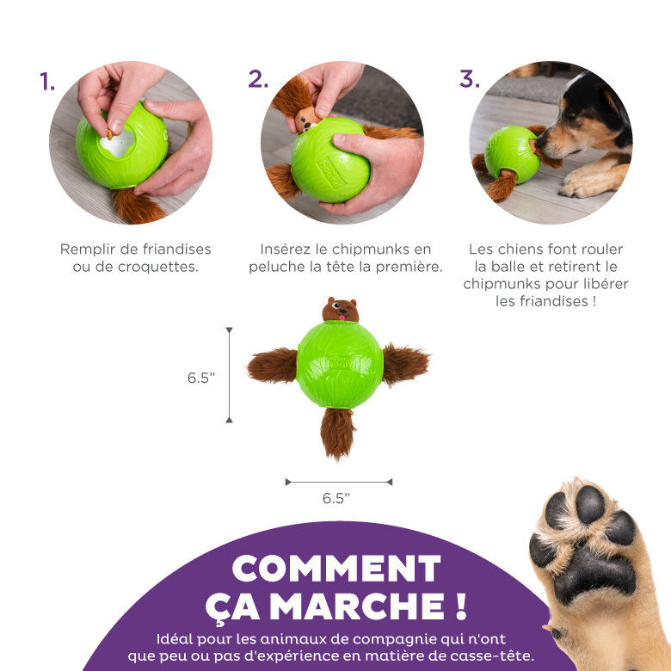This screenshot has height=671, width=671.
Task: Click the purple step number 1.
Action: (47, 82)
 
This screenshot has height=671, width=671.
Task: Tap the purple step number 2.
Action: (258, 79)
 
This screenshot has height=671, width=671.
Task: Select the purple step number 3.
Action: (469, 79)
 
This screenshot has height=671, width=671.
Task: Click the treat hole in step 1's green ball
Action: (117, 142)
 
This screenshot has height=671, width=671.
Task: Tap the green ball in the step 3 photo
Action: (512, 153)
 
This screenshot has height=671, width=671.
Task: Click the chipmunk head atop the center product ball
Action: (341, 310)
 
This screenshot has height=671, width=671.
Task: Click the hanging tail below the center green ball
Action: (337, 432)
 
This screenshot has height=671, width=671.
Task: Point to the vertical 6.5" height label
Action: (200, 377)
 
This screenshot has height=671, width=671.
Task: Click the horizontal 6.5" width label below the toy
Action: (336, 498)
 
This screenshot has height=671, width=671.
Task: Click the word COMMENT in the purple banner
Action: (336, 569)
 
